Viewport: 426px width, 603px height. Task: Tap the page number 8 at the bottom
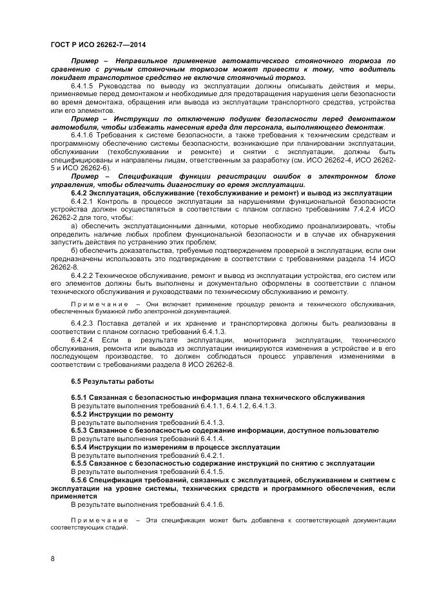coord(52,559)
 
